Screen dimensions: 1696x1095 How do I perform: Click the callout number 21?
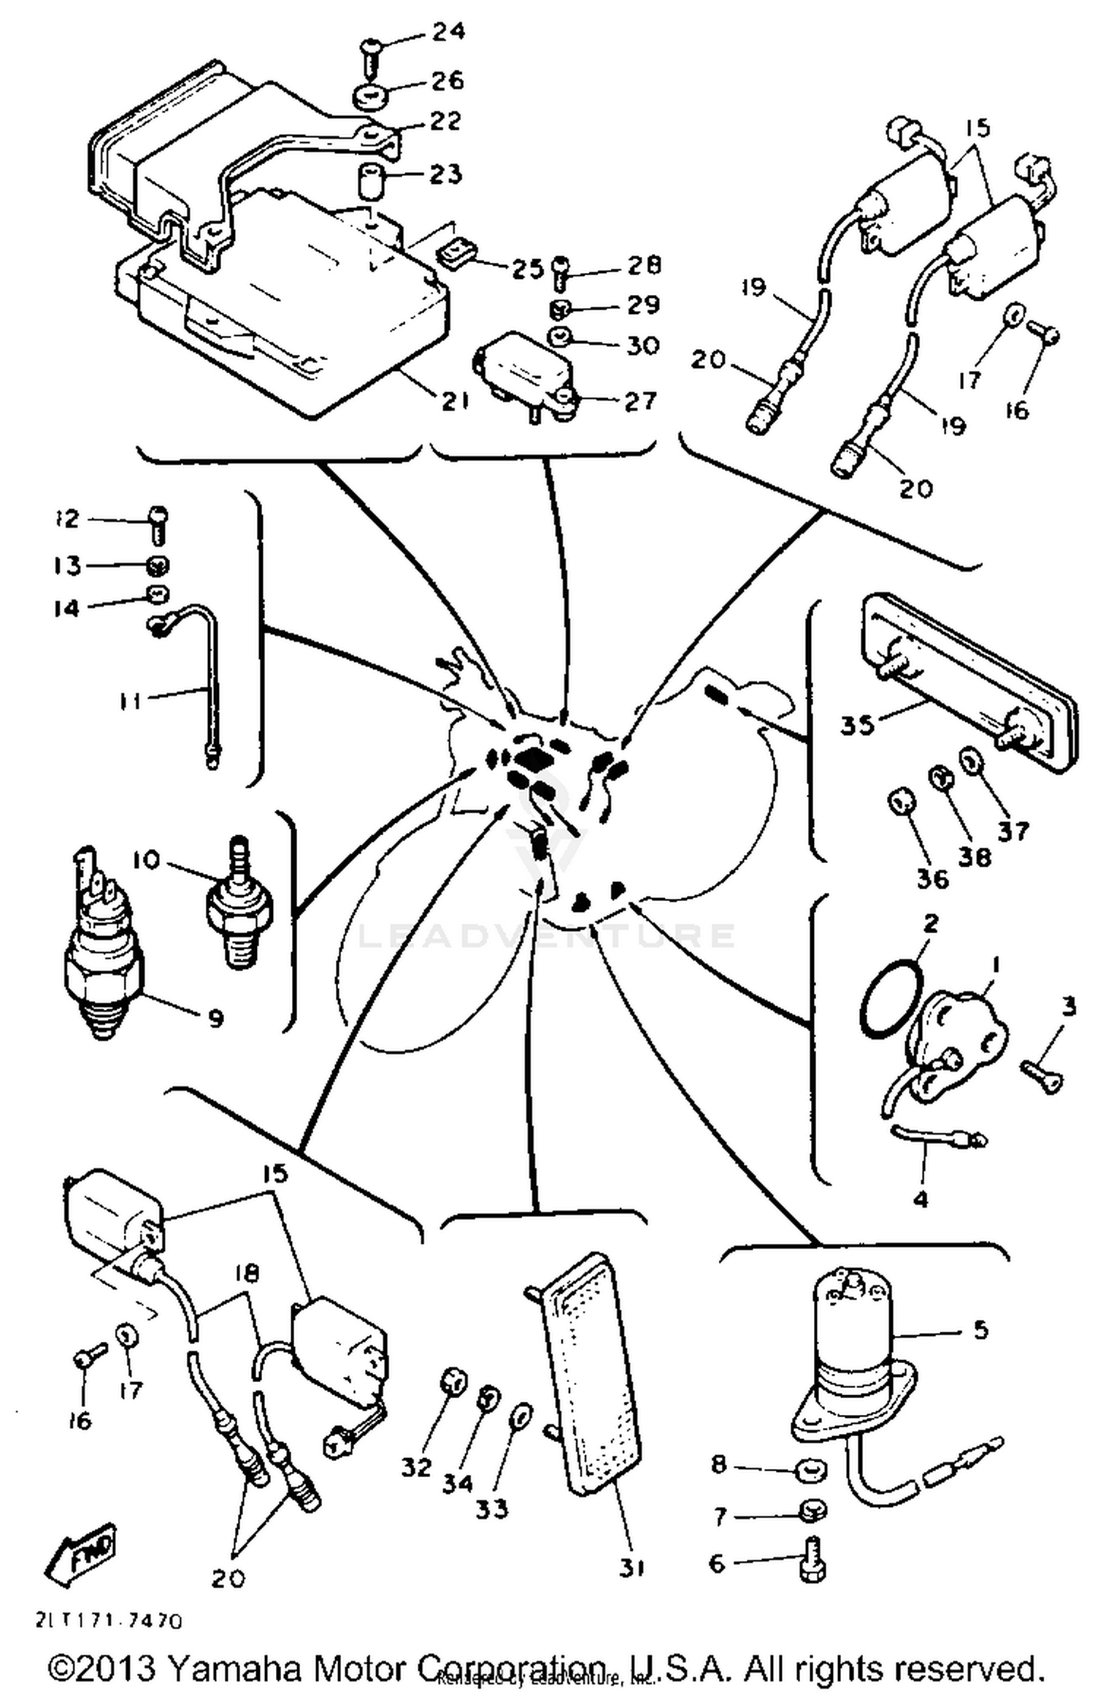454,401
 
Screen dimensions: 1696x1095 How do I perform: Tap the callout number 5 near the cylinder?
980,1329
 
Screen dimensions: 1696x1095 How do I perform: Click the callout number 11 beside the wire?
130,702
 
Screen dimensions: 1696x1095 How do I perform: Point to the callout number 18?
247,1274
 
